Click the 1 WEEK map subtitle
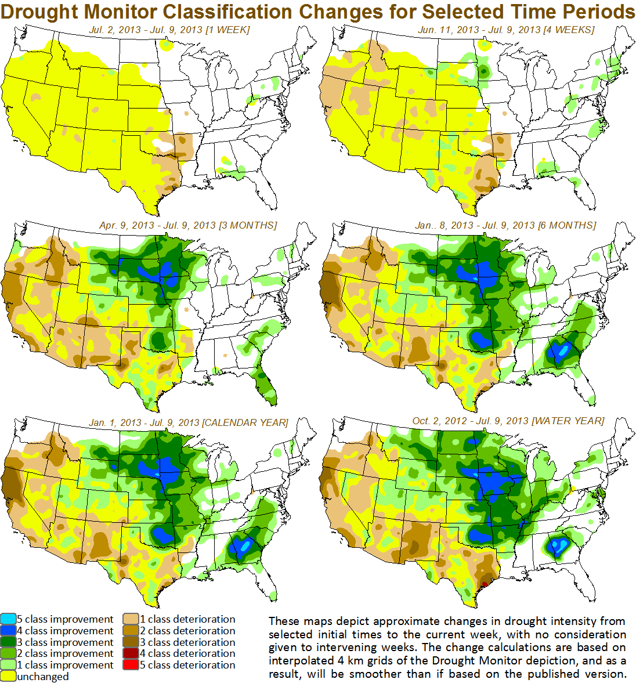(x=169, y=30)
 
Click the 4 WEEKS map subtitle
(x=506, y=30)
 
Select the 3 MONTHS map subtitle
(x=188, y=225)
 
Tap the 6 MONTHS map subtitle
(x=505, y=225)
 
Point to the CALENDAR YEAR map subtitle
(x=189, y=422)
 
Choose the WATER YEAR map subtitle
(x=508, y=421)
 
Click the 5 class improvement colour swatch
(x=8, y=620)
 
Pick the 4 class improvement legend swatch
(x=8, y=631)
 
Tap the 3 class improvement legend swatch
(x=8, y=642)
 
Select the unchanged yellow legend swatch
(x=8, y=676)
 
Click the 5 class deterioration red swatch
(x=130, y=665)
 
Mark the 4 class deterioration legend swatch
(x=130, y=653)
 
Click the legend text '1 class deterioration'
(x=187, y=619)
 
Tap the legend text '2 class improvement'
(x=65, y=653)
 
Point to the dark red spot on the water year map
(x=486, y=584)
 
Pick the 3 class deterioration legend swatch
(x=130, y=642)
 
